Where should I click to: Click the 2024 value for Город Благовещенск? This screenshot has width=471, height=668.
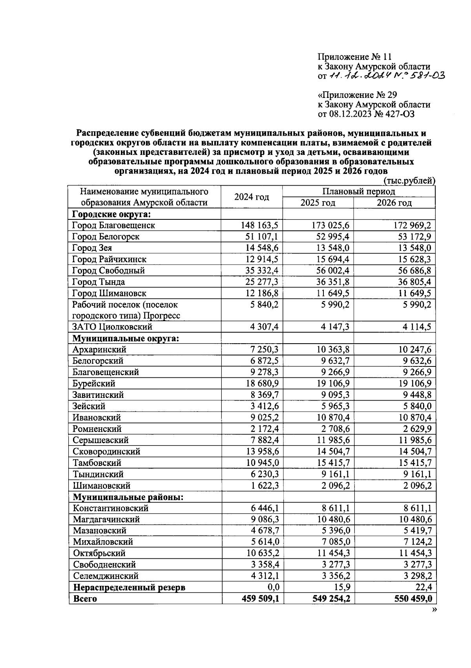(x=259, y=225)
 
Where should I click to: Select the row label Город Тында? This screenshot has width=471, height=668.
(x=99, y=282)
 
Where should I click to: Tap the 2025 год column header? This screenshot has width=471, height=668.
(x=318, y=203)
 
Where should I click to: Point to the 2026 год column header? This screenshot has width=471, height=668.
(x=394, y=203)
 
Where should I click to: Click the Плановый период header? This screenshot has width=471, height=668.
(x=358, y=191)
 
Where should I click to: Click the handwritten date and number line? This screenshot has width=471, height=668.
(x=381, y=76)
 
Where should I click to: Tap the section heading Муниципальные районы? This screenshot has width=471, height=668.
(x=128, y=497)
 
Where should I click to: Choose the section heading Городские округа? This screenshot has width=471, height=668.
(x=112, y=214)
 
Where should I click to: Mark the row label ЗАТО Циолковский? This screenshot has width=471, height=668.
(x=112, y=327)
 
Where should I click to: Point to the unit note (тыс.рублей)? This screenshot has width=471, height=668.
(x=409, y=181)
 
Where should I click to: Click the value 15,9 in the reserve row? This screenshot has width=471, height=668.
(x=341, y=587)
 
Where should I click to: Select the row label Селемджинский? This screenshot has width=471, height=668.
(x=106, y=576)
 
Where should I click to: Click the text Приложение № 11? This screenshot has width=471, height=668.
(x=354, y=57)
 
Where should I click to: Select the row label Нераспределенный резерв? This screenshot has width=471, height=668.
(x=129, y=587)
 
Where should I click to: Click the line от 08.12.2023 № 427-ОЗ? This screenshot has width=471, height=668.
(x=366, y=114)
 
